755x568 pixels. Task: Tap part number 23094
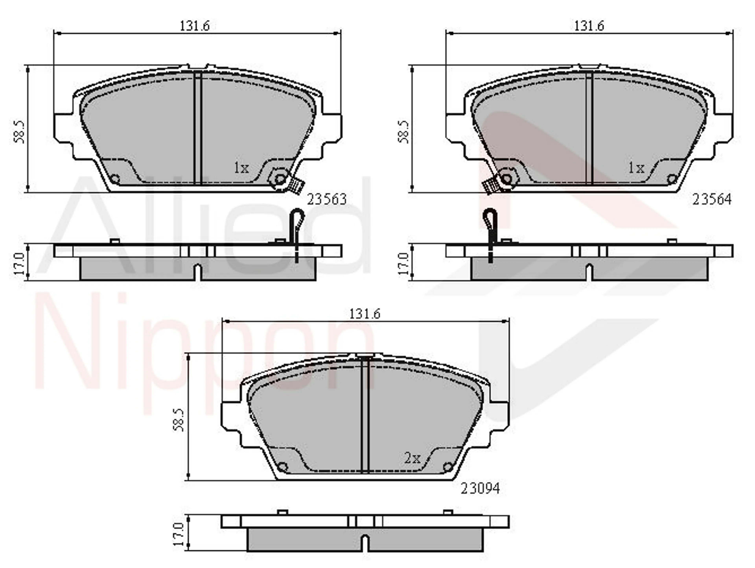pos(480,488)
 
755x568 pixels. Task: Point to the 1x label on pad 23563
pos(241,168)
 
